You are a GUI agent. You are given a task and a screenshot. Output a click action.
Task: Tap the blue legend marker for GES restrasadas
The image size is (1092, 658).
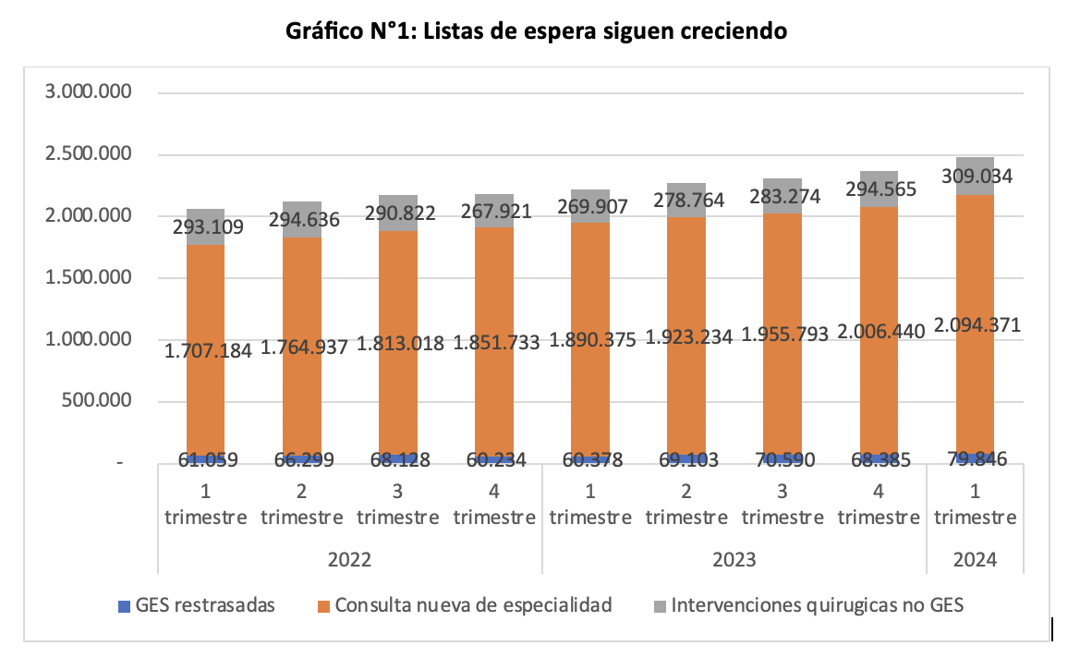point(124,606)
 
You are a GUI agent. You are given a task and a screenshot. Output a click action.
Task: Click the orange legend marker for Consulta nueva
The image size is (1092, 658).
point(323,606)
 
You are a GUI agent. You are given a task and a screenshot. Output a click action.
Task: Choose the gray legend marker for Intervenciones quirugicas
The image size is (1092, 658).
point(660,606)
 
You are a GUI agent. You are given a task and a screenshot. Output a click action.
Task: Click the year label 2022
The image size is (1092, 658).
point(349,560)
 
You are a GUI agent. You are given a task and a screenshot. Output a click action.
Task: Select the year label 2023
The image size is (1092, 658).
point(734,560)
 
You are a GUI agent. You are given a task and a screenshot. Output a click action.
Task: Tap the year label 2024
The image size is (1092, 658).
point(974,560)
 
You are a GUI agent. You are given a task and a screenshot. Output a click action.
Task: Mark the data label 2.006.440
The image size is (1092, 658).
point(878,332)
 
